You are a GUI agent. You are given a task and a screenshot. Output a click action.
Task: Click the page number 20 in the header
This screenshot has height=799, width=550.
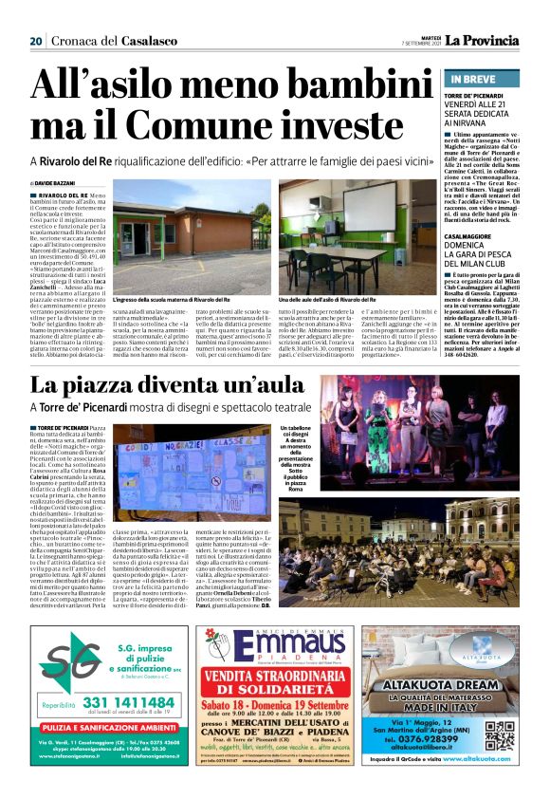pyautogui.click(x=36, y=41)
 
